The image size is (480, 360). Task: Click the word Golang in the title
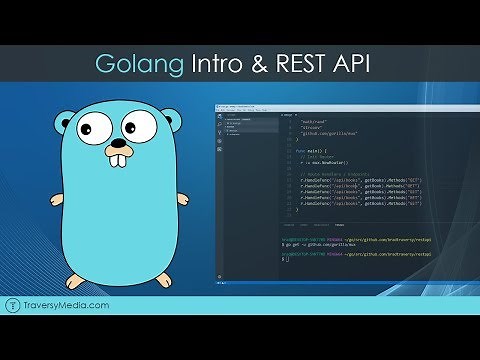point(141,64)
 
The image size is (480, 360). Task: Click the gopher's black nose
point(118,139)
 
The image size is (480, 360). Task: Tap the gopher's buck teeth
point(119,159)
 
